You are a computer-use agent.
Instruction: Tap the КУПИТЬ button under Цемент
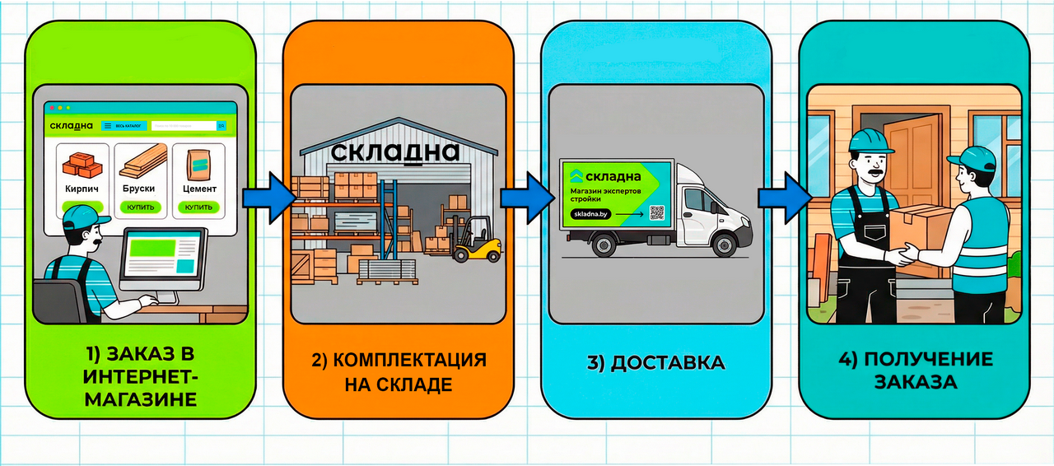point(198,207)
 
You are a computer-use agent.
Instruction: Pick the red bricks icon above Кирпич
point(82,165)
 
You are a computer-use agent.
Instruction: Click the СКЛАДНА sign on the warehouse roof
point(394,152)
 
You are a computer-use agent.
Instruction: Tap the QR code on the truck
point(656,212)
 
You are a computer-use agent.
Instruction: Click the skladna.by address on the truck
point(590,214)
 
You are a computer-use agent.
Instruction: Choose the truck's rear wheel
point(602,244)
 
